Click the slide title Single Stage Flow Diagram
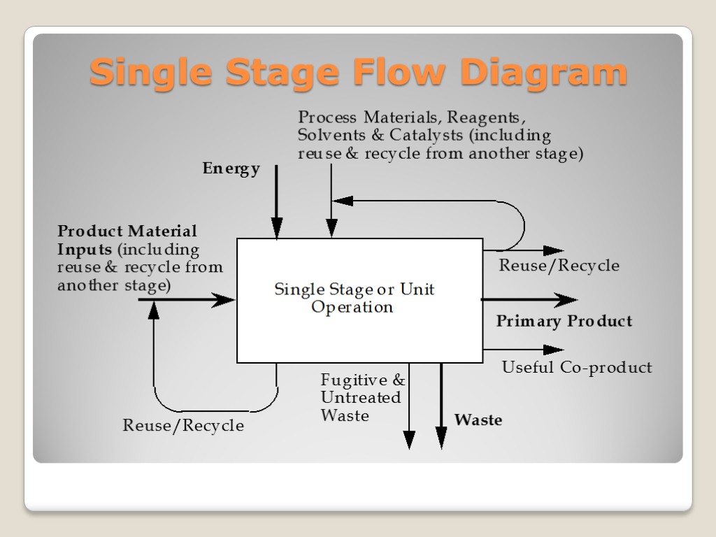[358, 73]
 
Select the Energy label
[231, 169]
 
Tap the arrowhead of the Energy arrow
[277, 228]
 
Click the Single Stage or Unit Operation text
[354, 298]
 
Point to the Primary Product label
[564, 322]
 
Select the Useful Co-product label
[577, 368]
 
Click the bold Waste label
[478, 420]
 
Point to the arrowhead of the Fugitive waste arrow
[409, 439]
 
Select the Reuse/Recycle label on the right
[559, 266]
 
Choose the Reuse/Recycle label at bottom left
[183, 426]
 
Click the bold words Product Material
[127, 231]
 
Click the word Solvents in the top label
[329, 135]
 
